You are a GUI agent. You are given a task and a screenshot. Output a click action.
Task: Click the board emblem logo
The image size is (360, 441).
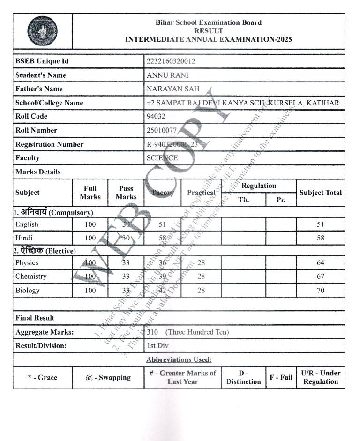[x=43, y=31]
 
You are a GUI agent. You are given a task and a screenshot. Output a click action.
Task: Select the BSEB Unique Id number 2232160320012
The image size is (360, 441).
[x=171, y=61]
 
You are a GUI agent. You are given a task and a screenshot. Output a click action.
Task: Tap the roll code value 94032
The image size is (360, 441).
[x=156, y=116]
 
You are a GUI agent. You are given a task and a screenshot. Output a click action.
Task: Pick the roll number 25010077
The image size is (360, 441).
[x=161, y=130]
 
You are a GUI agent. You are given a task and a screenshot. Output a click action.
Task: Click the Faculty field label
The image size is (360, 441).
[x=28, y=158]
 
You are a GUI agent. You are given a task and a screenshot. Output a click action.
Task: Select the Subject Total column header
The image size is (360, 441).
[x=321, y=193]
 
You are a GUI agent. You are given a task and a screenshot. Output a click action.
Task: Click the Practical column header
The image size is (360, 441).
[x=201, y=193]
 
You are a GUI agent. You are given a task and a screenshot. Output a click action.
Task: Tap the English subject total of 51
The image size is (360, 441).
[x=321, y=224]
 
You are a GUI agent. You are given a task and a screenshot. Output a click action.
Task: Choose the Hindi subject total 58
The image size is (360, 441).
[x=321, y=238]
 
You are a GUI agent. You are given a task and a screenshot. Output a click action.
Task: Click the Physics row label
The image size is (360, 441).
[x=27, y=263]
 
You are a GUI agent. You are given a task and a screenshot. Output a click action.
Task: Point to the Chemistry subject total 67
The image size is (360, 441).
[x=321, y=277]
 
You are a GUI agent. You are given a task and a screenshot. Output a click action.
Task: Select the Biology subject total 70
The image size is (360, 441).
[x=321, y=291]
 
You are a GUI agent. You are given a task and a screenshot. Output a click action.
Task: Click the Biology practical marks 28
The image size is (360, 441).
[x=201, y=291]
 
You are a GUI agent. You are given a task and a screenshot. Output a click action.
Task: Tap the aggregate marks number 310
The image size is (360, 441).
[x=152, y=332]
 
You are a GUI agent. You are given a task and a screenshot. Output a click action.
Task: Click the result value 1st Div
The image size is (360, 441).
[x=157, y=346]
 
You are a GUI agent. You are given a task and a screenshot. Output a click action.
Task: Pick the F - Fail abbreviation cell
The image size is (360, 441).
[x=281, y=377]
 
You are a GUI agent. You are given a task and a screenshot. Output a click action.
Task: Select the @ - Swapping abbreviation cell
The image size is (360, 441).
[x=108, y=377]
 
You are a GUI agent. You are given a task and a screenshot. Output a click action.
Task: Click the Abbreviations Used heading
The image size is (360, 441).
[x=179, y=360]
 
